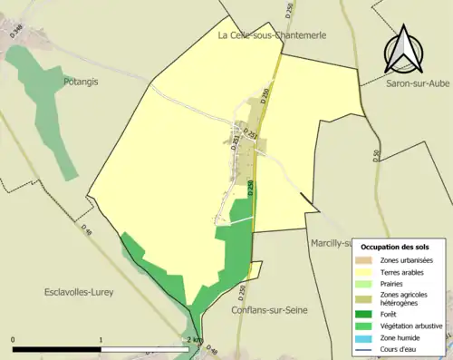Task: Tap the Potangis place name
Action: (x=81, y=81)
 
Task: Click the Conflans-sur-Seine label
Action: (x=269, y=310)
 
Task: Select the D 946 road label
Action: (x=16, y=34)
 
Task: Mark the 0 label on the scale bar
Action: (x=14, y=339)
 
